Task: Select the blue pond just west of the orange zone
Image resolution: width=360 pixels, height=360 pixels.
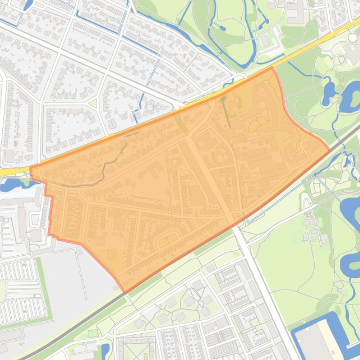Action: pyautogui.click(x=12, y=185)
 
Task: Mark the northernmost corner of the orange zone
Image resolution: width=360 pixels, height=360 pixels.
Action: pyautogui.click(x=272, y=67)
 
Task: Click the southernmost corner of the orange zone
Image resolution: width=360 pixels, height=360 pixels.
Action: pyautogui.click(x=125, y=293)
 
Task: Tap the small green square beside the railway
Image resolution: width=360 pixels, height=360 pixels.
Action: pyautogui.click(x=93, y=333)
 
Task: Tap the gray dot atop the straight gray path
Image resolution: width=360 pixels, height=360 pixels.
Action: pyautogui.click(x=223, y=98)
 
